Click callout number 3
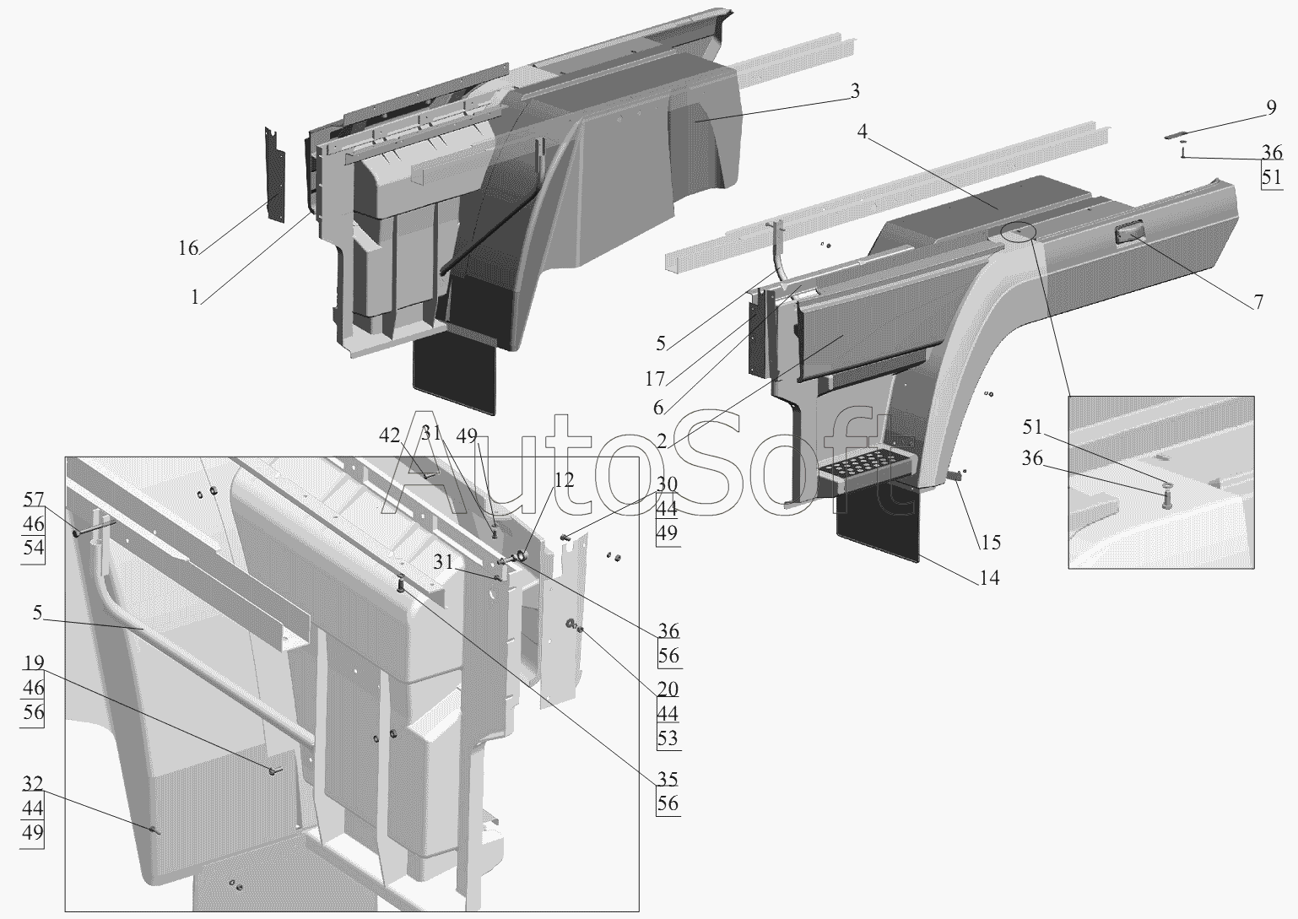tap(855, 91)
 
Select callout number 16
tap(188, 249)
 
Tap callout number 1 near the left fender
tap(195, 297)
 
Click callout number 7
tap(1258, 302)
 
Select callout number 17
tap(655, 379)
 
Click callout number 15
tap(990, 543)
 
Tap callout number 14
tap(989, 578)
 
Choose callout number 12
tap(564, 480)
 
